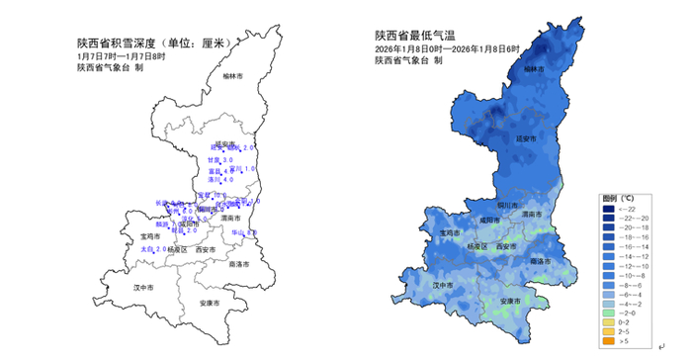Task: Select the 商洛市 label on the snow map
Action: pyautogui.click(x=239, y=265)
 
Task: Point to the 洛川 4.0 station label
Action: pyautogui.click(x=220, y=180)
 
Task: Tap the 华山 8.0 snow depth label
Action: pyautogui.click(x=244, y=233)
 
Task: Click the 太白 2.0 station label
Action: pyautogui.click(x=154, y=249)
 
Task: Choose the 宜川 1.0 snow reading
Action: pyautogui.click(x=245, y=169)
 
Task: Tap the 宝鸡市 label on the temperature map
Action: pyautogui.click(x=450, y=234)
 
